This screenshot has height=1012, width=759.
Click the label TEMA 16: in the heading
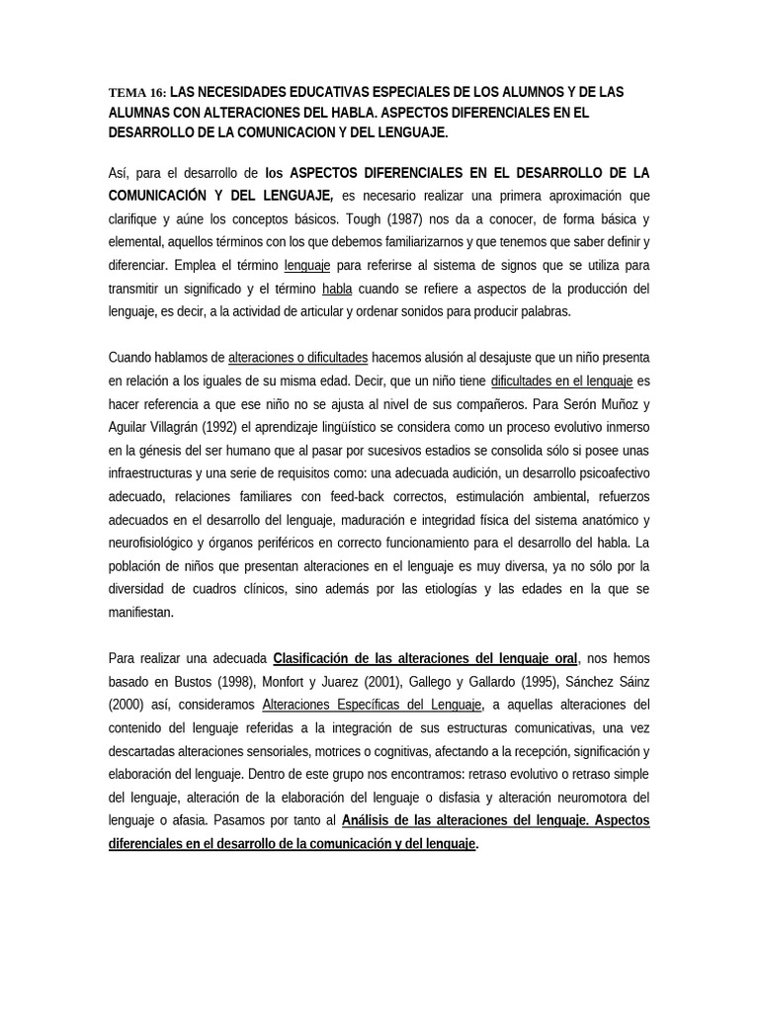(137, 93)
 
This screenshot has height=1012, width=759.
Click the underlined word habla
(335, 289)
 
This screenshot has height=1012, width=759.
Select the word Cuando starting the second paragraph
(132, 357)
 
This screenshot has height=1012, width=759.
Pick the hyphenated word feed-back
(332, 497)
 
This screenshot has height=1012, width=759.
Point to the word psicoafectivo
(607, 473)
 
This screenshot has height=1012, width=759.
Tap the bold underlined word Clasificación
(313, 658)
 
